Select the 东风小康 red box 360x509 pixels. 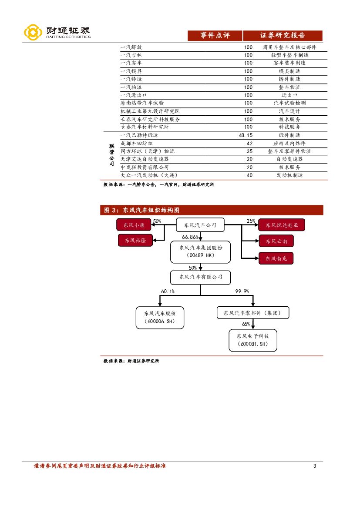click(x=133, y=225)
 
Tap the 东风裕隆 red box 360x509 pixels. click(x=135, y=240)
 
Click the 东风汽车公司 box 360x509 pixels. click(x=200, y=225)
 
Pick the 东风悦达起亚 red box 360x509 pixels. click(x=281, y=225)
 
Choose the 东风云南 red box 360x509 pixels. click(x=276, y=241)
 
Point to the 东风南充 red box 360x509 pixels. click(x=276, y=258)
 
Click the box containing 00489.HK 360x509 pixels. click(x=200, y=252)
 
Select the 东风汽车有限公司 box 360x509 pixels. click(x=200, y=277)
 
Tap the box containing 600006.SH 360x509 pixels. click(x=160, y=317)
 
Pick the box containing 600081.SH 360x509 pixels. click(x=253, y=340)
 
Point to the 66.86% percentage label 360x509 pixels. click(x=190, y=237)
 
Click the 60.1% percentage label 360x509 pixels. click(x=168, y=291)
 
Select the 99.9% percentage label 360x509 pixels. click(x=242, y=291)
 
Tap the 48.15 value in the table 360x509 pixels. click(x=246, y=135)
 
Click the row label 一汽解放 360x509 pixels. click(x=131, y=47)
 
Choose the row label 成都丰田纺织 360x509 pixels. click(x=136, y=143)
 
